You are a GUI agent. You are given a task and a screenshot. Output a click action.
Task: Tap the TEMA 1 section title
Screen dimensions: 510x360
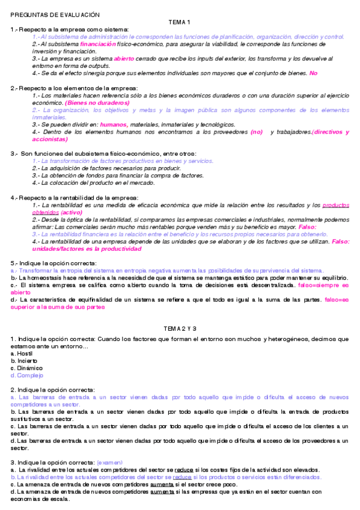(x=180, y=22)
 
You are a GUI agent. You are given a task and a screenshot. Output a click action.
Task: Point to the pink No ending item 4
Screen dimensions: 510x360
(x=313, y=73)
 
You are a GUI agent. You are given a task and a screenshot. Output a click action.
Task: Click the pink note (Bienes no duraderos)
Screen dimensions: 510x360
(x=97, y=102)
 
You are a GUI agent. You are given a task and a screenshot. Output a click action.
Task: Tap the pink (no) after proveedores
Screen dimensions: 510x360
(x=273, y=131)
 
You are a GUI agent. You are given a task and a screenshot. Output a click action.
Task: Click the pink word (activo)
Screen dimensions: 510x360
(x=72, y=212)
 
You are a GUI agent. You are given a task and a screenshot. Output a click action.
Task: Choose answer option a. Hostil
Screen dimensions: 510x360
(x=21, y=354)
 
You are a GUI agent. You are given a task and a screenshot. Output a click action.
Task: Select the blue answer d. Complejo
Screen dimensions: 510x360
(x=27, y=375)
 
